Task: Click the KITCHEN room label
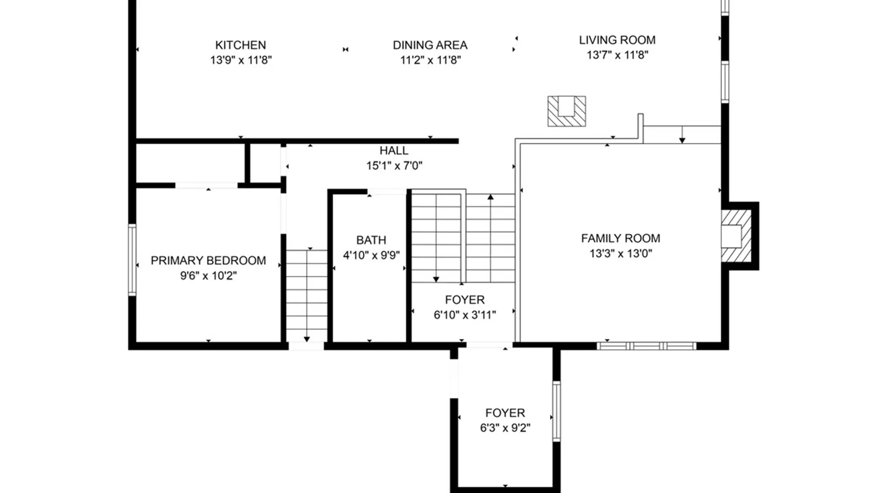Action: pyautogui.click(x=240, y=45)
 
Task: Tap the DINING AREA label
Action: pyautogui.click(x=430, y=45)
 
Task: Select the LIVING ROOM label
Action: pyautogui.click(x=617, y=40)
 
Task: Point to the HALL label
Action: pyautogui.click(x=394, y=150)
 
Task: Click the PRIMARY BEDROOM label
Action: pyautogui.click(x=208, y=260)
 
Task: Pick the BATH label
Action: pyautogui.click(x=371, y=240)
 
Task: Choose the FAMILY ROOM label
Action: pyautogui.click(x=620, y=238)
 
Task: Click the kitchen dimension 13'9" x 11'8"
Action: pyautogui.click(x=241, y=60)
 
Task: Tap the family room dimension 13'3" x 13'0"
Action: pyautogui.click(x=621, y=253)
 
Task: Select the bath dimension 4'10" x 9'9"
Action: pyautogui.click(x=372, y=255)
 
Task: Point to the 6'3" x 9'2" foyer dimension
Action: pyautogui.click(x=505, y=428)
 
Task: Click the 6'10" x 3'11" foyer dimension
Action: pyautogui.click(x=465, y=315)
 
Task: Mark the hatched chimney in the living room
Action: pyautogui.click(x=567, y=111)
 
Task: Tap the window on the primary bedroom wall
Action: pyautogui.click(x=132, y=260)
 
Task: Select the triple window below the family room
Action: pyautogui.click(x=647, y=346)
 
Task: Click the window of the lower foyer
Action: pyautogui.click(x=556, y=411)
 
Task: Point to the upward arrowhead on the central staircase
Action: pyautogui.click(x=490, y=197)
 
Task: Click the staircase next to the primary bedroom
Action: pyautogui.click(x=307, y=296)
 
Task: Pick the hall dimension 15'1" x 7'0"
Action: pyautogui.click(x=394, y=166)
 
